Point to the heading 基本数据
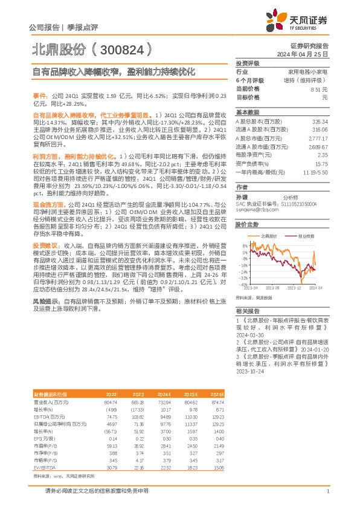[247, 112]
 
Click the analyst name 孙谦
[242, 197]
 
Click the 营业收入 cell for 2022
[109, 402]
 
